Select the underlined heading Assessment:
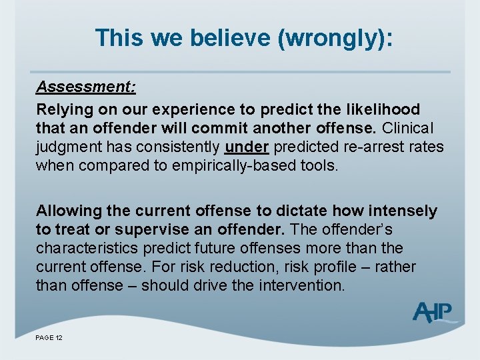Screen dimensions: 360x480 [x=86, y=87]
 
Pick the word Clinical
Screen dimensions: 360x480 [x=407, y=128]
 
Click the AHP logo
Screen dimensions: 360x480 [x=434, y=311]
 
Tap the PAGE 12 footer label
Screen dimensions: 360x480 [x=49, y=339]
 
